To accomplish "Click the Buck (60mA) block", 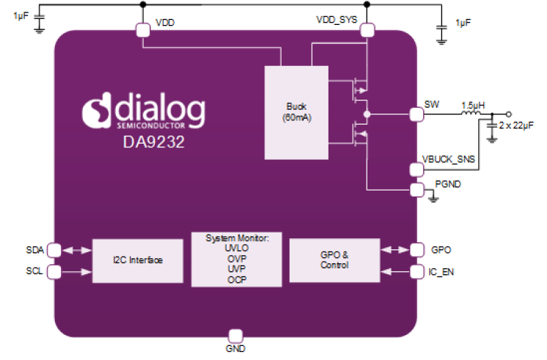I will point(297,112).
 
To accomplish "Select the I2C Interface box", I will point(137,260).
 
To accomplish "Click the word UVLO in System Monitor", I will point(236,248).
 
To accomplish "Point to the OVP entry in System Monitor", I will point(236,258).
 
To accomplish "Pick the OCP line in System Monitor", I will point(236,279).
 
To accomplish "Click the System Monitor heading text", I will point(236,238).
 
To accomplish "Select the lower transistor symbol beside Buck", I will point(359,133).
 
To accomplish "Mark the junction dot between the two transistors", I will point(367,114).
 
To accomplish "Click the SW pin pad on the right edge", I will point(415,114).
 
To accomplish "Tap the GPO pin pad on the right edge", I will point(416,250).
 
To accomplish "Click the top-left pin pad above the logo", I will point(142,29).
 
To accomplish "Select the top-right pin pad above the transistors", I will point(367,29).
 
